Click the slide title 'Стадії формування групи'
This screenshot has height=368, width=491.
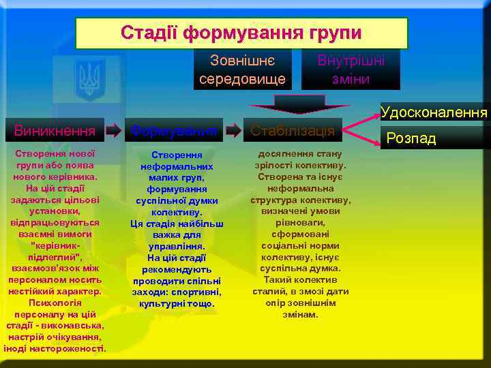[x=241, y=33]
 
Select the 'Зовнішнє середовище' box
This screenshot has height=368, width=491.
[x=243, y=70]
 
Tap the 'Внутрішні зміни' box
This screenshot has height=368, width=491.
[x=351, y=70]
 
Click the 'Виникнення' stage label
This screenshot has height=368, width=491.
[x=55, y=129]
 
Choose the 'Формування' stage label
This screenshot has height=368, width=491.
[x=175, y=130]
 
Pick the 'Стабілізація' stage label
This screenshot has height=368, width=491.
[x=292, y=130]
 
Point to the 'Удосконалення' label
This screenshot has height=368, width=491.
[x=434, y=112]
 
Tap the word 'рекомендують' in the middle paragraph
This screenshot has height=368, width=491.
[x=177, y=269]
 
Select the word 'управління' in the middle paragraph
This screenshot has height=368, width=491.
[x=177, y=246]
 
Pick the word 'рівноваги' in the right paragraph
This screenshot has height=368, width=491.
[x=300, y=222]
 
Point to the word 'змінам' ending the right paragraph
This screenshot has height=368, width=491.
[x=300, y=314]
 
